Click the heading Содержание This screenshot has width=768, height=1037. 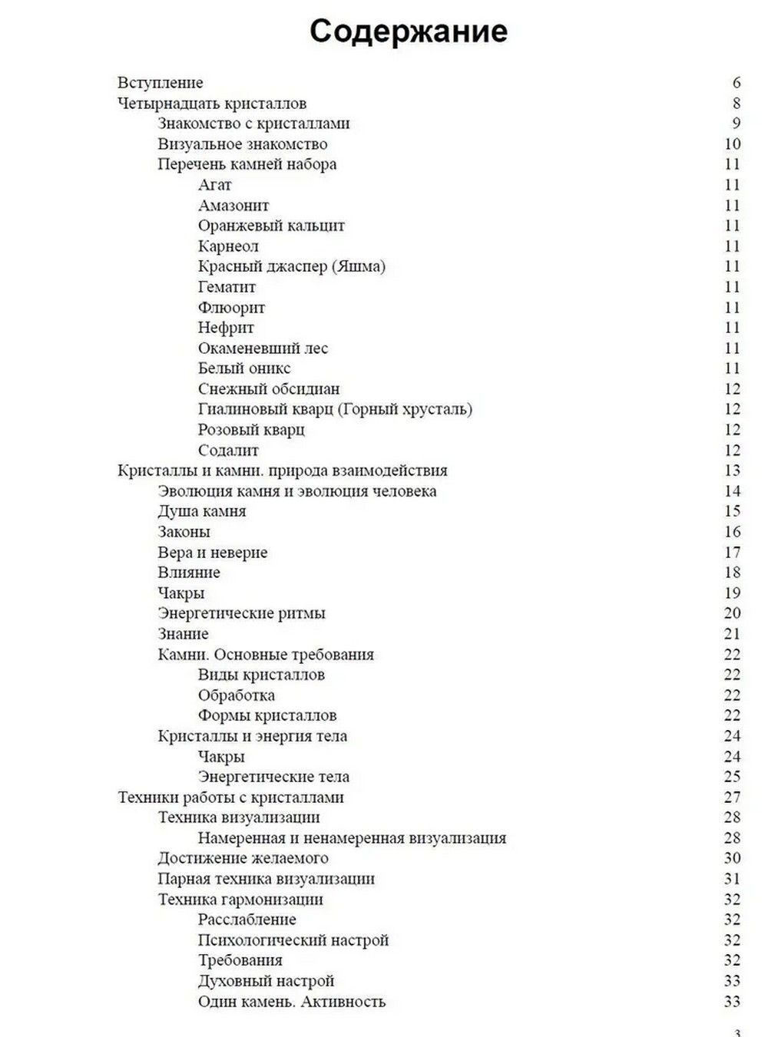[x=408, y=31]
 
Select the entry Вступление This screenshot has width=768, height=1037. [x=160, y=83]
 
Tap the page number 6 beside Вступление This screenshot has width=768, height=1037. [x=737, y=83]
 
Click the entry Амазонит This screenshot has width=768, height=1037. [x=233, y=206]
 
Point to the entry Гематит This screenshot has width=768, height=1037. [x=227, y=287]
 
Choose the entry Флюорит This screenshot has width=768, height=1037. [x=231, y=308]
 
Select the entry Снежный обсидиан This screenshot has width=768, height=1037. [x=268, y=389]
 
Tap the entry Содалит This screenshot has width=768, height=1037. [x=228, y=451]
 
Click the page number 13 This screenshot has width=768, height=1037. [x=732, y=471]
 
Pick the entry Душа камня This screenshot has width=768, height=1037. [x=202, y=511]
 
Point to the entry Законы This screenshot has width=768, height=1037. [x=184, y=532]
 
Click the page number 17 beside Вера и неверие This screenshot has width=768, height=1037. [x=732, y=553]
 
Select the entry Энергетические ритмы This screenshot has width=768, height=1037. [x=241, y=613]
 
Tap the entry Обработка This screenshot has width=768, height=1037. [x=236, y=695]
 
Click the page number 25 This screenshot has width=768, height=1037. [x=732, y=777]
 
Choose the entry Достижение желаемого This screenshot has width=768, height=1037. [x=243, y=858]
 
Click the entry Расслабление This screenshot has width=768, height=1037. [x=247, y=920]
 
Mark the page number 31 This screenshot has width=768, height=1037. [x=732, y=879]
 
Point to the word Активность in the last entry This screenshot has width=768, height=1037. [x=343, y=1002]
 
